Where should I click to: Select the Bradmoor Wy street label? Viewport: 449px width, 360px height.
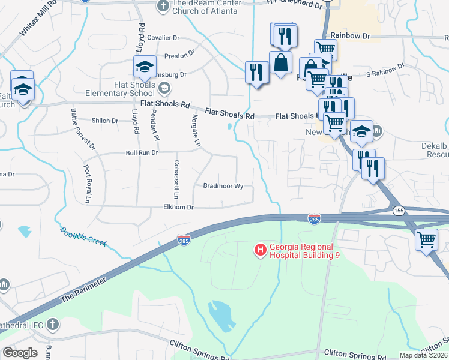223,186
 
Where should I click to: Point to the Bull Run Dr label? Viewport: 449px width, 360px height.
141,153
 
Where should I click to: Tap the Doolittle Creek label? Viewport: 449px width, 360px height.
83,237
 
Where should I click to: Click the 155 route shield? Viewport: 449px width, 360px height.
399,211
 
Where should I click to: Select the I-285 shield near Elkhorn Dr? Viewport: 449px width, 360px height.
184,241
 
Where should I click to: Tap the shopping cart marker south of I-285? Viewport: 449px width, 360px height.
426,239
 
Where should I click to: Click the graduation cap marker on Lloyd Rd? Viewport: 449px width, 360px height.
145,67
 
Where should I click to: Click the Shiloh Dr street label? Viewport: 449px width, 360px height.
104,121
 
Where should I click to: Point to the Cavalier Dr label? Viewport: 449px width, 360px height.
163,37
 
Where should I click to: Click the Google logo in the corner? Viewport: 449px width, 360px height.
20,353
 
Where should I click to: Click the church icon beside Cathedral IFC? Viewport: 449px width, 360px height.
53,324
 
